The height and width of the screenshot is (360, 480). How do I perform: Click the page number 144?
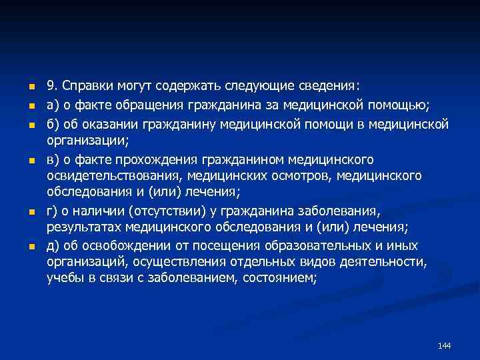pos(445,345)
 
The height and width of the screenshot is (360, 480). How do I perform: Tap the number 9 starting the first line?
pos(51,86)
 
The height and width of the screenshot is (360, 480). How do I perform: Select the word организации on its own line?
pos(87,141)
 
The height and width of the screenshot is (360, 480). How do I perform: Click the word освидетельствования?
pos(114,177)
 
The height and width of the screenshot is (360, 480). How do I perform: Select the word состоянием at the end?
pos(279,279)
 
